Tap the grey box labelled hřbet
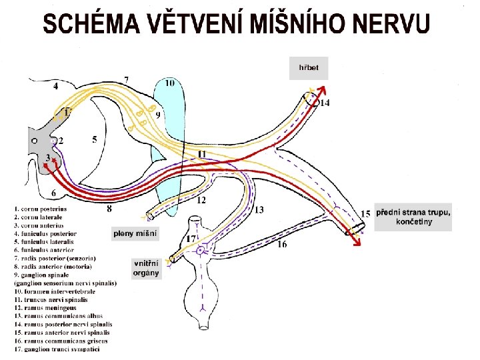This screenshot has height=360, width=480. [x=308, y=68]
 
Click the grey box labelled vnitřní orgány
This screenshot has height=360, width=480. [x=146, y=268]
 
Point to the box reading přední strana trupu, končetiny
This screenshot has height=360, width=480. [x=413, y=217]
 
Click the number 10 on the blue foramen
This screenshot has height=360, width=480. [x=170, y=83]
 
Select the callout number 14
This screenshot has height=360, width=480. [x=325, y=103]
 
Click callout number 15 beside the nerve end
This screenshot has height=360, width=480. [x=366, y=213]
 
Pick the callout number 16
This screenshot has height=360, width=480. [x=282, y=245]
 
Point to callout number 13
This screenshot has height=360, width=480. [x=259, y=210]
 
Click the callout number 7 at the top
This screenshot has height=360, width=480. [x=127, y=79]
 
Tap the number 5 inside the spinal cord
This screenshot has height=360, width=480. [x=95, y=139]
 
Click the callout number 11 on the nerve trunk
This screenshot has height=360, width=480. [x=201, y=154]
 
